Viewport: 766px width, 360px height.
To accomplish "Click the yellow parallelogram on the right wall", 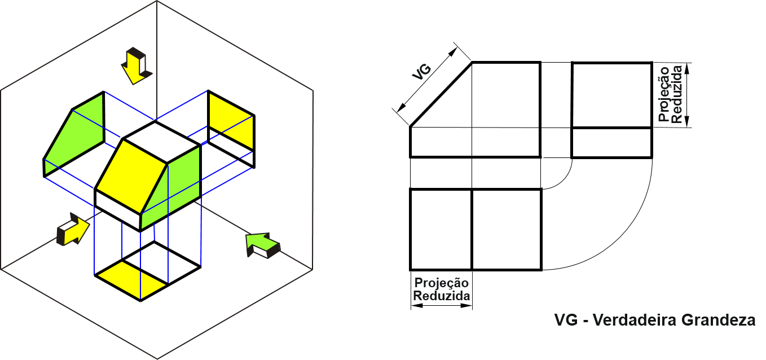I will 230,120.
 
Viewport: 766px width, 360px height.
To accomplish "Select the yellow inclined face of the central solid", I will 131,174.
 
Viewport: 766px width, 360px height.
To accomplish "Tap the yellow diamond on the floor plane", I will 132,279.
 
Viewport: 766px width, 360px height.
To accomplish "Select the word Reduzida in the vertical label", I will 677,95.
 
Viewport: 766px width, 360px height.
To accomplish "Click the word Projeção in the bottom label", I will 441,283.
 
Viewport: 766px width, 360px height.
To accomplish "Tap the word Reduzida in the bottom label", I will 442,296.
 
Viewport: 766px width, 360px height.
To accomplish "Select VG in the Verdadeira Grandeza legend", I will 565,321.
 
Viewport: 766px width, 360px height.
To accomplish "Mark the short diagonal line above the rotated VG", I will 462,51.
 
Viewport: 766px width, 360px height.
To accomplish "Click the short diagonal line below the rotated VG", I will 400,116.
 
